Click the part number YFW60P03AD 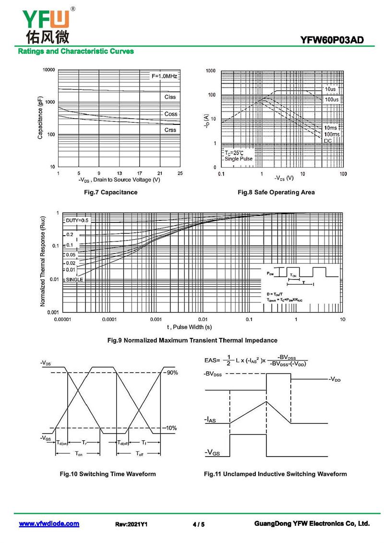pos(336,40)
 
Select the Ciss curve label pos(170,97)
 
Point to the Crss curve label pos(170,130)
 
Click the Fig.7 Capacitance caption pos(110,193)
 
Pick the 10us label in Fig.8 pos(330,89)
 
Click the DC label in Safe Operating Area pos(328,141)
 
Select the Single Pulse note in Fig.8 pos(239,159)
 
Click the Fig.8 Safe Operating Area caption pos(276,193)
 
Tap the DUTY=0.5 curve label pos(77,220)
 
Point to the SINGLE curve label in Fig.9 pos(74,279)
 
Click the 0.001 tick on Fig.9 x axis pos(156,319)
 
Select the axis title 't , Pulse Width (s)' pos(190,327)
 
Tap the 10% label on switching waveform pos(171,428)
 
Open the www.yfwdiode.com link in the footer pos(49,524)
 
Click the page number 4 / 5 pos(199,524)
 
